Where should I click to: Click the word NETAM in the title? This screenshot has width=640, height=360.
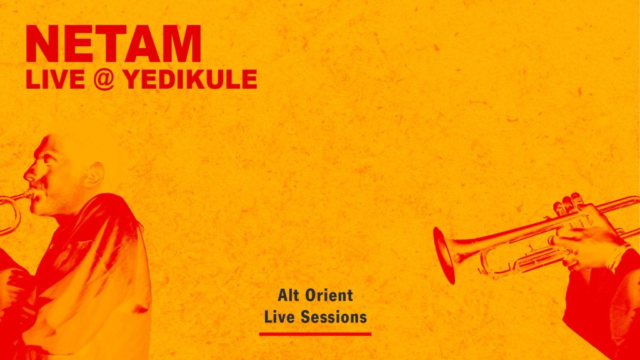coord(114,44)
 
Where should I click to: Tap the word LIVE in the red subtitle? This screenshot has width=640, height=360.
coord(56,79)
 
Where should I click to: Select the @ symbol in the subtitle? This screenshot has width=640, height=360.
coord(104,79)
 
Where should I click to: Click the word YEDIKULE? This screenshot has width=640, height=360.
coord(190,79)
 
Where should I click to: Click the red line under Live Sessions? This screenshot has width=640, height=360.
coord(315,334)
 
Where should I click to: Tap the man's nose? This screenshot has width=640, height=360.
coord(29,175)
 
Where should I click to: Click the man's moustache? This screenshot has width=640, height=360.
coord(39,186)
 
